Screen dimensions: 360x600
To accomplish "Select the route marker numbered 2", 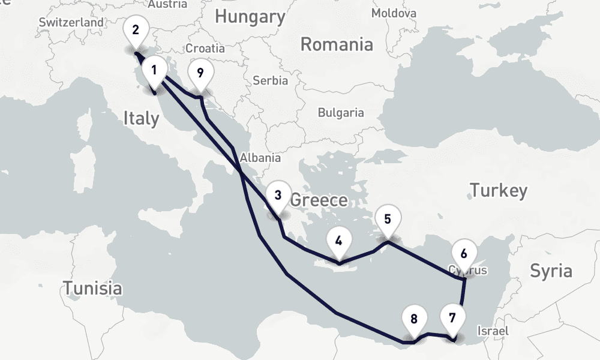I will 136,30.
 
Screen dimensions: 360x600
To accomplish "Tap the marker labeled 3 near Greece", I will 278,196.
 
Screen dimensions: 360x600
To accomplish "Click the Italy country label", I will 142,118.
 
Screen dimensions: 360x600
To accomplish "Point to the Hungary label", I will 250,17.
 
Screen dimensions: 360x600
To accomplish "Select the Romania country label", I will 337,44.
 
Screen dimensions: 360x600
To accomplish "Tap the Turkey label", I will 499,191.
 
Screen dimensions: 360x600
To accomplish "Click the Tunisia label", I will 93,288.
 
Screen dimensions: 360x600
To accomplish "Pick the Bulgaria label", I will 341,112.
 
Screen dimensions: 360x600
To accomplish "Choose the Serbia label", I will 270,80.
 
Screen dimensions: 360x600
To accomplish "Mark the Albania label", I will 260,158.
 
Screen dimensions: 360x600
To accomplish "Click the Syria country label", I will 551,271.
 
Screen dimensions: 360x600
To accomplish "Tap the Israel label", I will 492,331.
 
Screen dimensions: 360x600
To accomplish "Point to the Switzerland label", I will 71,22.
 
